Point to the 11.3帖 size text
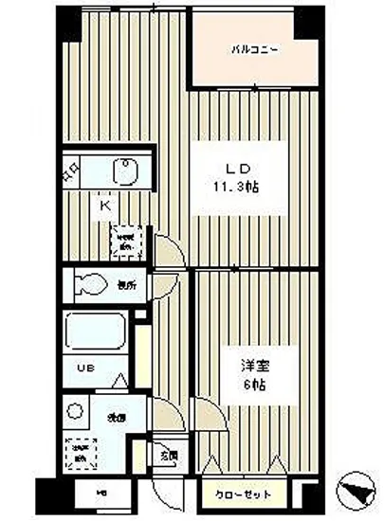(x=236, y=188)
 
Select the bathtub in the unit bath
(x=98, y=332)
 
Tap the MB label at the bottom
(x=101, y=494)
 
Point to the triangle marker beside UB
(x=119, y=379)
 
